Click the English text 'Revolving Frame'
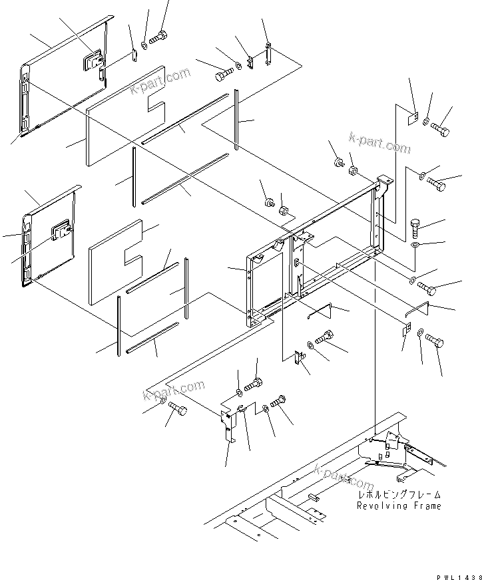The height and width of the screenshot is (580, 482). [x=399, y=506]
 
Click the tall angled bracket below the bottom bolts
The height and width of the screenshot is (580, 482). [x=228, y=425]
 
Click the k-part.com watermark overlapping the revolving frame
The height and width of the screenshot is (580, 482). [x=343, y=476]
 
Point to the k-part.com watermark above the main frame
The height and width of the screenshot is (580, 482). [x=379, y=142]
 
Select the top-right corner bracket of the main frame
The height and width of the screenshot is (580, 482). [x=383, y=182]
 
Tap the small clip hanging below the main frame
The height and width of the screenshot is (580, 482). [x=299, y=360]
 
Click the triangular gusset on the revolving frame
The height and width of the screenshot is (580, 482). [x=392, y=442]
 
